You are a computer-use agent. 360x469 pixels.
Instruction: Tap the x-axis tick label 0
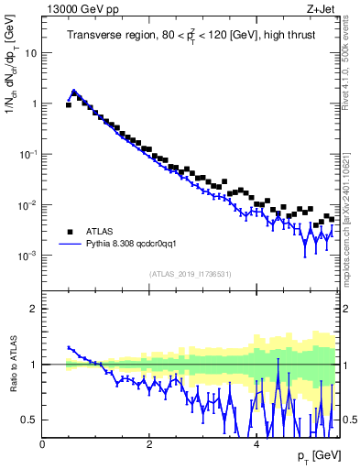pos(42,445)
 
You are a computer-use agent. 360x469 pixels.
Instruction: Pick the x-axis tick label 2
pos(148,445)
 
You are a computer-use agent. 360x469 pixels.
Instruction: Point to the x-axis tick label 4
pos(256,445)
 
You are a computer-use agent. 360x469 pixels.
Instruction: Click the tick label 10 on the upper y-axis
pos(31,53)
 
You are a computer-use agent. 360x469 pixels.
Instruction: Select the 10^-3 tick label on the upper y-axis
pos(27,256)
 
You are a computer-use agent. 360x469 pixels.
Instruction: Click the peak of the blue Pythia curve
pos(74,91)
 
